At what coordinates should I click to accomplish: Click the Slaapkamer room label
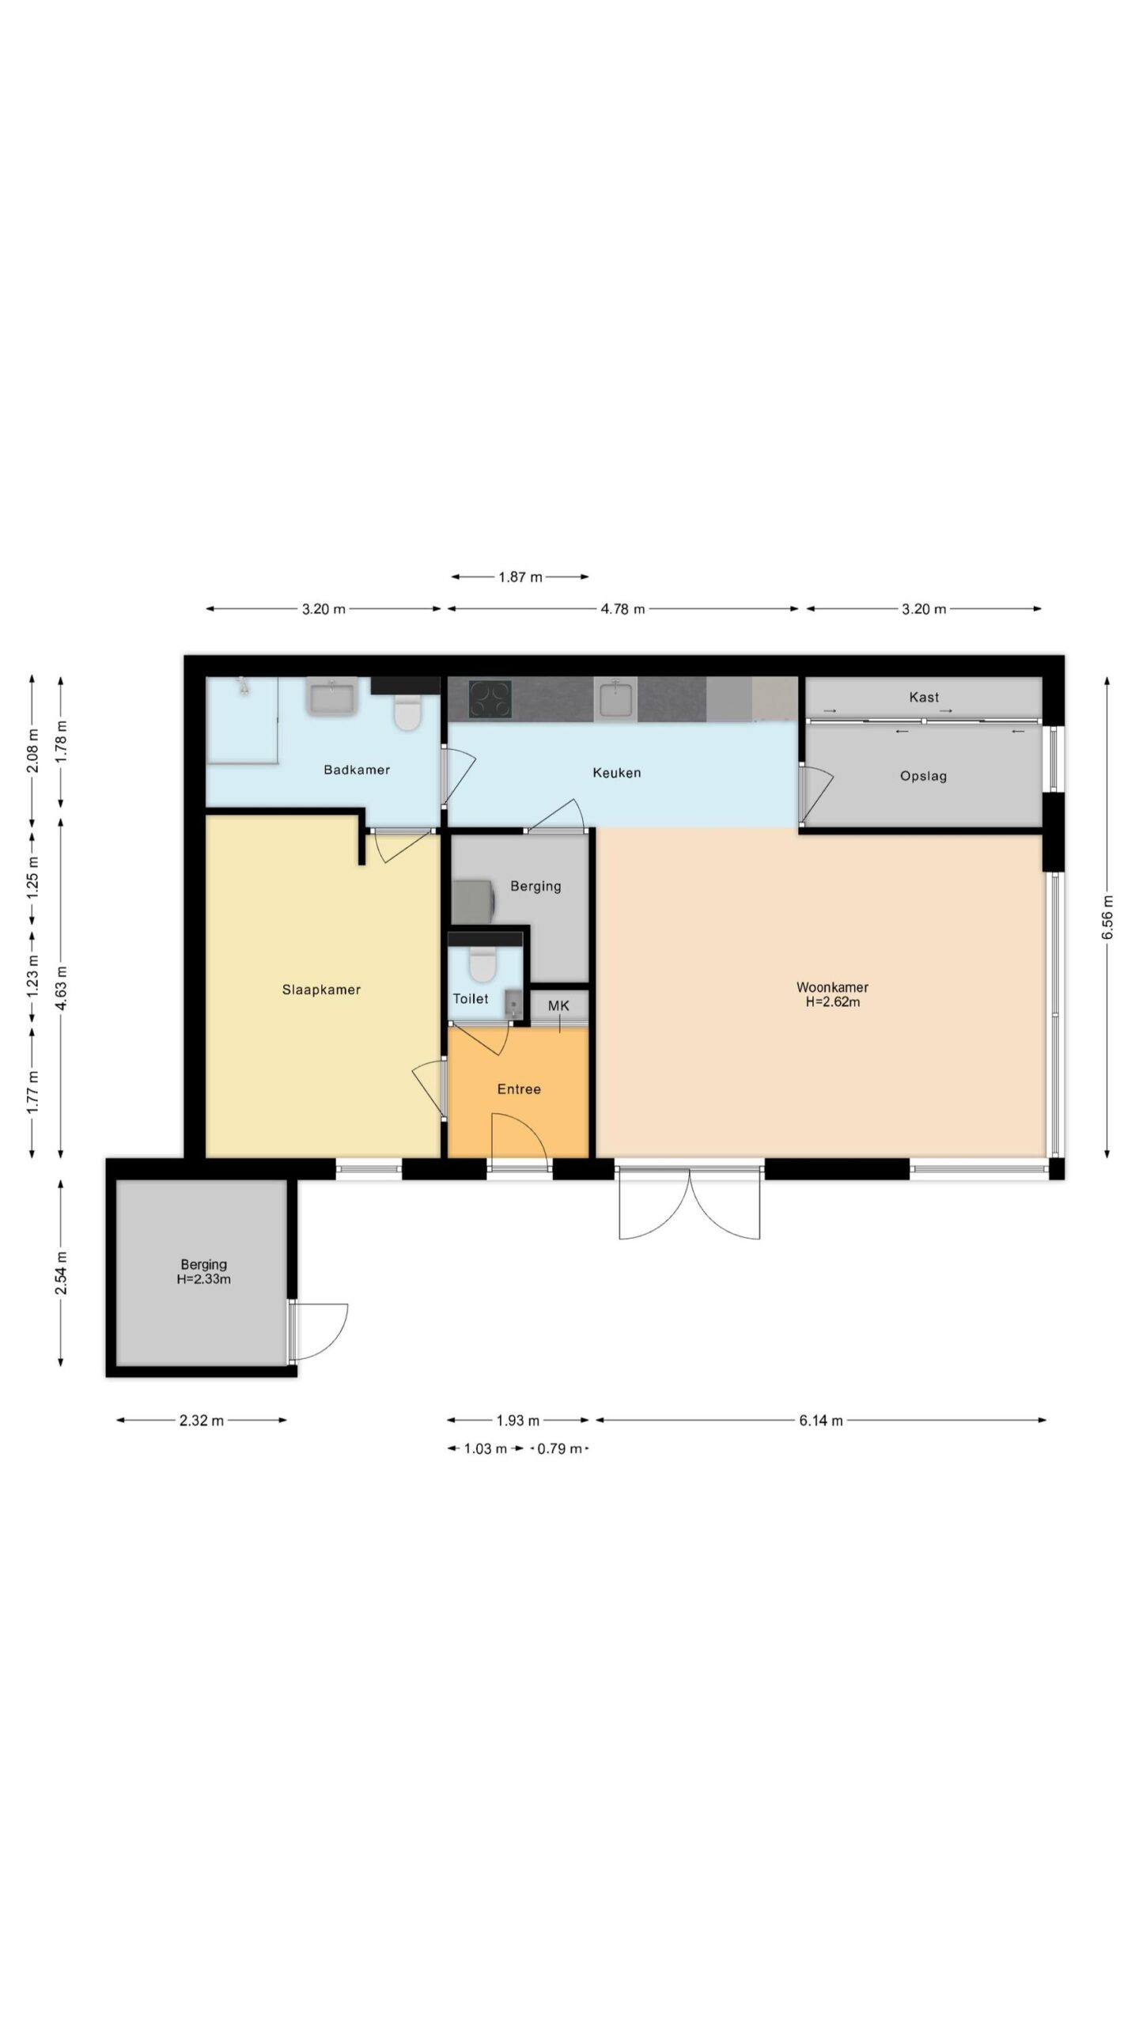pyautogui.click(x=321, y=990)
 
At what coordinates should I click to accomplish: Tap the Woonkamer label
pyautogui.click(x=832, y=987)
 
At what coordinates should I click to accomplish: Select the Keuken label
pyautogui.click(x=617, y=773)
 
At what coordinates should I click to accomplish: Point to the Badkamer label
pyautogui.click(x=357, y=770)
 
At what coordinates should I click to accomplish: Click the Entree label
pyautogui.click(x=519, y=1089)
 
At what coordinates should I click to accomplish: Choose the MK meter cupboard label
pyautogui.click(x=558, y=1006)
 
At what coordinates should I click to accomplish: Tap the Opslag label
pyautogui.click(x=923, y=776)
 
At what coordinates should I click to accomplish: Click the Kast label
pyautogui.click(x=924, y=697)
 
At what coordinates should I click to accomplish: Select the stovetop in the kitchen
pyautogui.click(x=490, y=699)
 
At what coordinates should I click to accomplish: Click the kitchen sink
pyautogui.click(x=615, y=699)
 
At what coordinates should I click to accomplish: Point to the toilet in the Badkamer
pyautogui.click(x=407, y=712)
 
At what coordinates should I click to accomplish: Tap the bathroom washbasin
pyautogui.click(x=332, y=696)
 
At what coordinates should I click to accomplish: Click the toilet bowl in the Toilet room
pyautogui.click(x=482, y=963)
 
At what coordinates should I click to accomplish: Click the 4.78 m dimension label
pyautogui.click(x=622, y=609)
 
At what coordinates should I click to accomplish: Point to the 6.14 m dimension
pyautogui.click(x=821, y=1421)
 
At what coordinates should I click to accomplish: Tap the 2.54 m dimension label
pyautogui.click(x=61, y=1272)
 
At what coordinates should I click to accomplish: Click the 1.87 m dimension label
pyautogui.click(x=520, y=577)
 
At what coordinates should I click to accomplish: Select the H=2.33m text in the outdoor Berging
pyautogui.click(x=203, y=1279)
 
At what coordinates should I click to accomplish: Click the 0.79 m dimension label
pyautogui.click(x=560, y=1449)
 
